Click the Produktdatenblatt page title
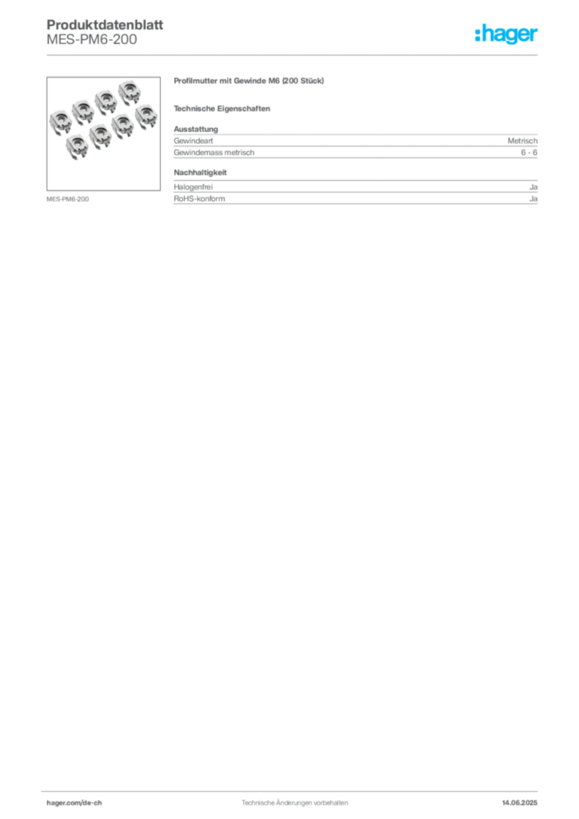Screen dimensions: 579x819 105,25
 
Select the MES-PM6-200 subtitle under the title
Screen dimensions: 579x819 92,39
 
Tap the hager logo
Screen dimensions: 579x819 506,34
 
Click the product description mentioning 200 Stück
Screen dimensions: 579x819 249,81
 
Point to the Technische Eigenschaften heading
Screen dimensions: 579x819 222,109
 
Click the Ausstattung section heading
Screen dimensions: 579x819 196,129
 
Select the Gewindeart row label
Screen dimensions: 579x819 194,141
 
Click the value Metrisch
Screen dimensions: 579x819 522,141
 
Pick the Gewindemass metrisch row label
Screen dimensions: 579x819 214,153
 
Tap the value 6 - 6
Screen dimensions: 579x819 529,153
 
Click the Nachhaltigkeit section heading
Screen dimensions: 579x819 201,173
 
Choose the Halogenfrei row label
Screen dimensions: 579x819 194,187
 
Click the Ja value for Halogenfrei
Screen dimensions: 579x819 533,187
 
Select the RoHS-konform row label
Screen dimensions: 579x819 199,199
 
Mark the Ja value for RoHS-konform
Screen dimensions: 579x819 533,199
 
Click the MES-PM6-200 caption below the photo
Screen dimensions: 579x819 67,199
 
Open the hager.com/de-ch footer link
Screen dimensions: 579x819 74,803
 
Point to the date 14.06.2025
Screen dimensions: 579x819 520,803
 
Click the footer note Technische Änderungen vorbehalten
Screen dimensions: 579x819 294,803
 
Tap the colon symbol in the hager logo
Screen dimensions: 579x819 477,34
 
